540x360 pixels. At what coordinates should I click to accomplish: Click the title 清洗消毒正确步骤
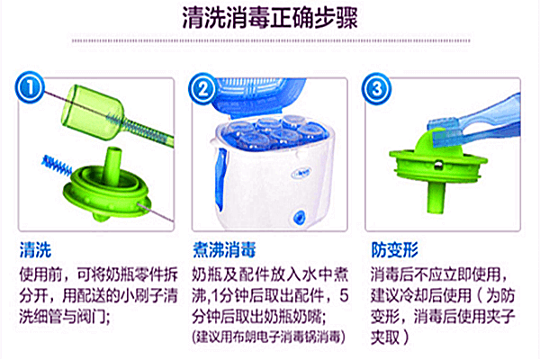[270, 17]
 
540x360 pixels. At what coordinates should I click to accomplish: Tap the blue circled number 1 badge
[30, 87]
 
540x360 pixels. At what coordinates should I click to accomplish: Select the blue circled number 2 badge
[203, 89]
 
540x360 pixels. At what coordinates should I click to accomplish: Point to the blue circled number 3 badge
[376, 89]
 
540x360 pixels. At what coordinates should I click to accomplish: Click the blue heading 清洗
[35, 250]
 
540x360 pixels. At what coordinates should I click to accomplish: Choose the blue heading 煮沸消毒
[224, 250]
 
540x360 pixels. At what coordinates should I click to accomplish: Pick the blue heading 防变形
[395, 250]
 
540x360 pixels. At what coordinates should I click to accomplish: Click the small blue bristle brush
[56, 165]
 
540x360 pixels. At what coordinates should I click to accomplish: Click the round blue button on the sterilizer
[298, 217]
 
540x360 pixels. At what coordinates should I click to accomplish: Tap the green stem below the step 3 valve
[436, 197]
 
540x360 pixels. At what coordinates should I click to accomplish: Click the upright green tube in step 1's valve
[112, 166]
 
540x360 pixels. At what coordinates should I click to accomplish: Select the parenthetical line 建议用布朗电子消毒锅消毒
[268, 337]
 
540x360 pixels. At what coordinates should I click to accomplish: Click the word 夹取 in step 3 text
[384, 337]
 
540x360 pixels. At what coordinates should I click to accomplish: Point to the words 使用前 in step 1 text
[41, 274]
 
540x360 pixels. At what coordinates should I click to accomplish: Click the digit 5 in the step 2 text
[344, 295]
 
